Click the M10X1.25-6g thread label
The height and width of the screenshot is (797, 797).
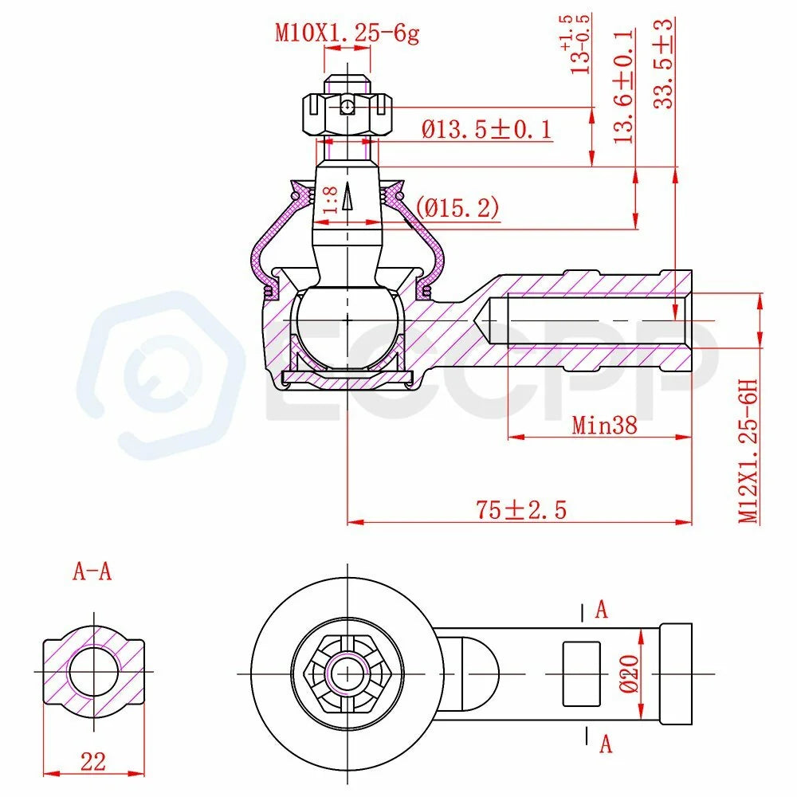(x=347, y=33)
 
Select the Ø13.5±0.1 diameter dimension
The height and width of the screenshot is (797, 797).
(x=486, y=129)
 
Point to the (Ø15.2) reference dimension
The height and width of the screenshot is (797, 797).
(x=457, y=207)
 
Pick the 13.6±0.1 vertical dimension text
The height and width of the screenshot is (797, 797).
(x=624, y=86)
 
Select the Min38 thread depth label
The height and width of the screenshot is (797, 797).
(x=604, y=425)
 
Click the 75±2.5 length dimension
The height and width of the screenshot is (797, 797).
(x=521, y=509)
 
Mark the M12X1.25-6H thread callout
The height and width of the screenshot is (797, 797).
(x=748, y=450)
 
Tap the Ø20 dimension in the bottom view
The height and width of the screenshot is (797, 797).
(x=630, y=673)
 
